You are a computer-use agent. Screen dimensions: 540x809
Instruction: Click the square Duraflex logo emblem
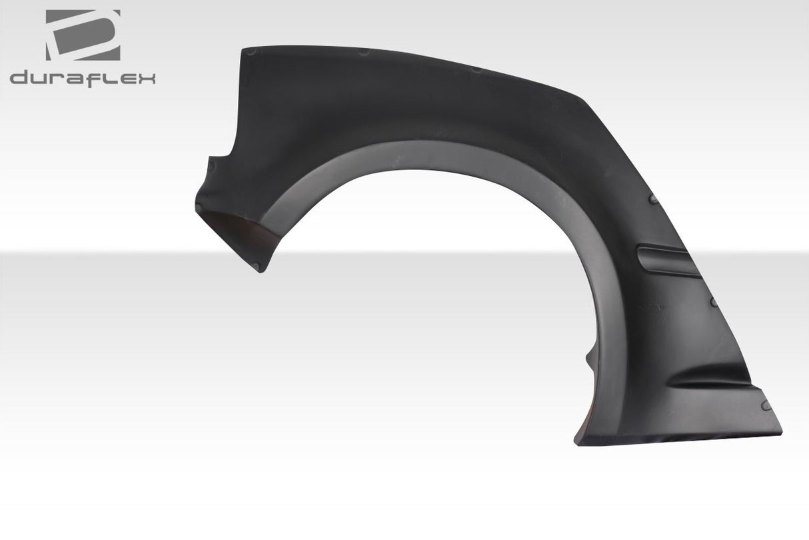coord(83,35)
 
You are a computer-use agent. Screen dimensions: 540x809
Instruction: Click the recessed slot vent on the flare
coord(666,259)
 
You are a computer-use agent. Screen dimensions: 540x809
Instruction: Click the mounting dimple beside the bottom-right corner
coord(766,405)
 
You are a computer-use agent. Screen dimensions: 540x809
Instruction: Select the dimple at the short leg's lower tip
coord(257,267)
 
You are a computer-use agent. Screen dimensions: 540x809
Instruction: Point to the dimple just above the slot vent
coord(654,199)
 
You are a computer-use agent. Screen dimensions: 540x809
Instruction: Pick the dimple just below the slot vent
coord(713,302)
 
